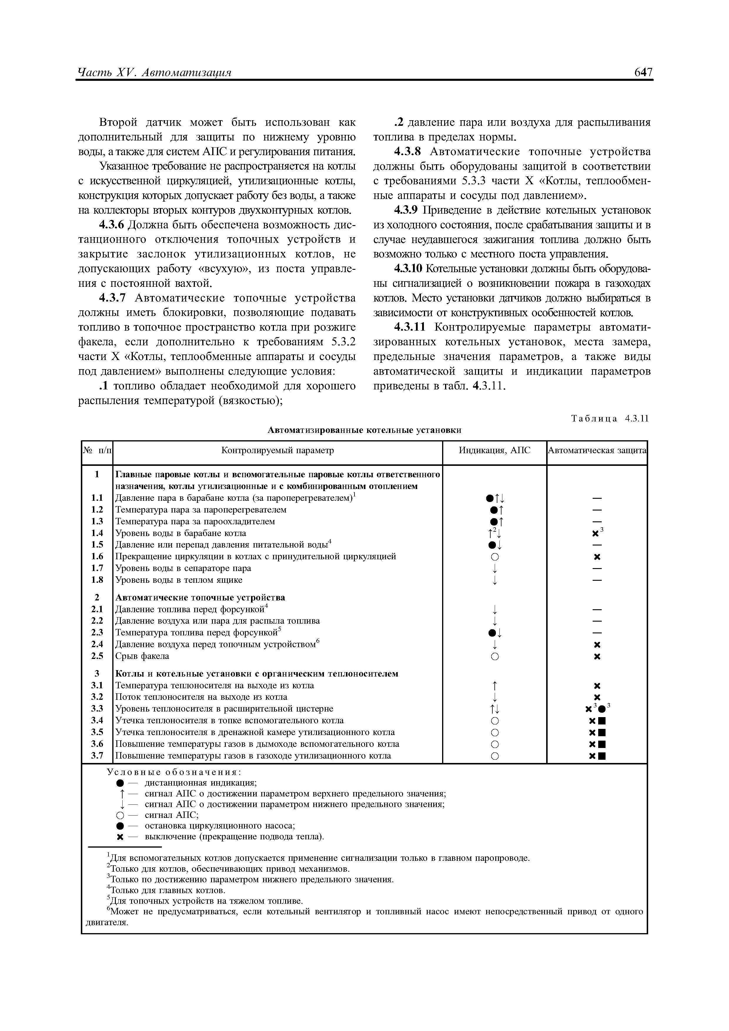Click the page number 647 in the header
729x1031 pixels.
click(643, 72)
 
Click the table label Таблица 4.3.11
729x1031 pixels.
click(610, 419)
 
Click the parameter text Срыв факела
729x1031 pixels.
click(142, 656)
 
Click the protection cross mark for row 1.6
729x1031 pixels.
click(597, 557)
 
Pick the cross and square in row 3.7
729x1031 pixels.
click(597, 756)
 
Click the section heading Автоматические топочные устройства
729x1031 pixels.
click(200, 598)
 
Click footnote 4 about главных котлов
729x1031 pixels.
click(166, 890)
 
